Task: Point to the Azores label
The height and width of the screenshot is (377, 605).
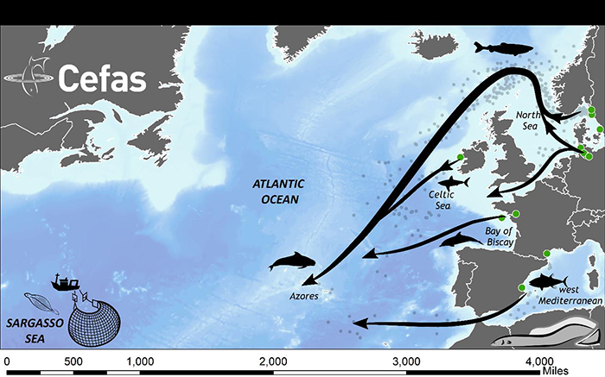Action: pyautogui.click(x=303, y=295)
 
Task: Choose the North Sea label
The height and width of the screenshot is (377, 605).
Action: pyautogui.click(x=527, y=120)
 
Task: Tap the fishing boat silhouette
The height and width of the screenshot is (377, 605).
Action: pyautogui.click(x=66, y=282)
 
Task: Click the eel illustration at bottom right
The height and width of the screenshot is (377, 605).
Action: pyautogui.click(x=553, y=331)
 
